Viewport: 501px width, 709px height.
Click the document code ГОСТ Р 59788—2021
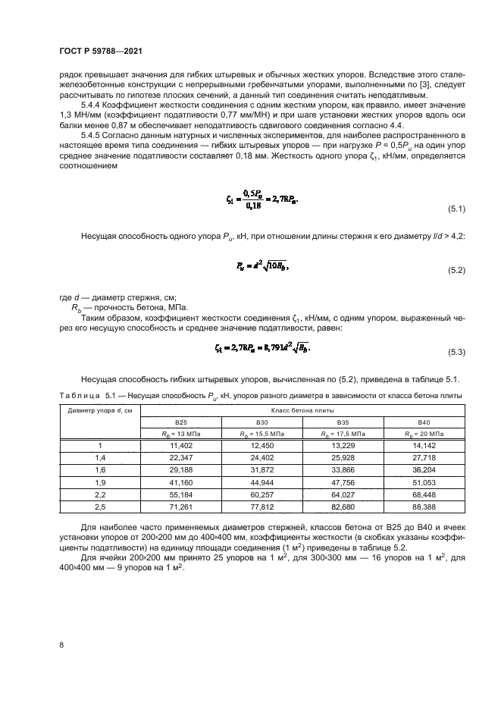pyautogui.click(x=101, y=50)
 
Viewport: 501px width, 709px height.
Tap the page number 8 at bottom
pyautogui.click(x=61, y=645)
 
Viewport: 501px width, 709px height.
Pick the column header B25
pyautogui.click(x=181, y=422)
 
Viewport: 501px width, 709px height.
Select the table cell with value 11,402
pyautogui.click(x=181, y=446)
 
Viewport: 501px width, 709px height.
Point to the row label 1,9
pyautogui.click(x=100, y=482)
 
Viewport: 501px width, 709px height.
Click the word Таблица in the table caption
pyautogui.click(x=80, y=396)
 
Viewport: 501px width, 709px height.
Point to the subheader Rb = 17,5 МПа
pyautogui.click(x=342, y=434)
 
